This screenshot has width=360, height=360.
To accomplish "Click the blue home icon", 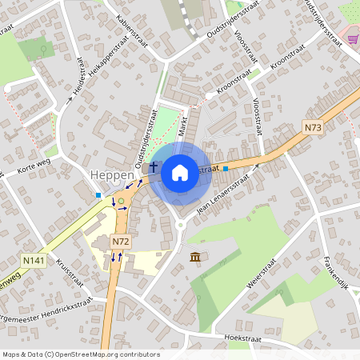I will point(180,172).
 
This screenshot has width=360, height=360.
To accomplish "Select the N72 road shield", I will point(120,241).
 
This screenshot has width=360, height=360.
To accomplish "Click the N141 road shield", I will point(34,260).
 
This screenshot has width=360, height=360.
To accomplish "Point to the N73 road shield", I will point(312,126).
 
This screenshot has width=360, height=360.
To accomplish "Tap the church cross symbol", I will point(153,167).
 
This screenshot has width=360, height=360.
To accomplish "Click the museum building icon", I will point(195,256).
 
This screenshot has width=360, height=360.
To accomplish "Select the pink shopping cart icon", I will point(352,38).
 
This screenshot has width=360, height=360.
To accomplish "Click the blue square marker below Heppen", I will point(98,195).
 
